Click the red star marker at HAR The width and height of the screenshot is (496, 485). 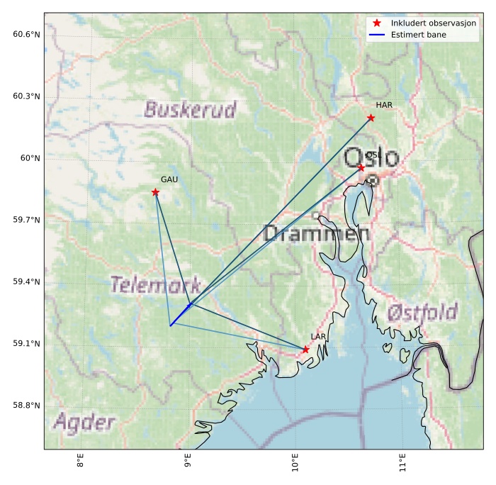pos(371,118)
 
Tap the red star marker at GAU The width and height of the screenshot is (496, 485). pos(155,192)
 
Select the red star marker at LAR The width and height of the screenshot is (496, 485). pos(305,350)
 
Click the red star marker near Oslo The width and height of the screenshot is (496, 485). pos(361,167)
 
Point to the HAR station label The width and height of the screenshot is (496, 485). pos(384,105)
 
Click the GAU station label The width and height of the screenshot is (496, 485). pos(169,179)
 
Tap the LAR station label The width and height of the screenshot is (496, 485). pos(318,337)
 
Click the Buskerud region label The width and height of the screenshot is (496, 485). pos(190,109)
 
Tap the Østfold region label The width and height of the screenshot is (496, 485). pos(422,312)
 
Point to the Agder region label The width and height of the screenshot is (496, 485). pos(84,423)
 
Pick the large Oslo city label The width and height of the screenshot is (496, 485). pos(371,157)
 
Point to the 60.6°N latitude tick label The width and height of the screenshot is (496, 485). pos(26,34)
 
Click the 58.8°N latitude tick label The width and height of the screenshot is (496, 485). pos(26,406)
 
